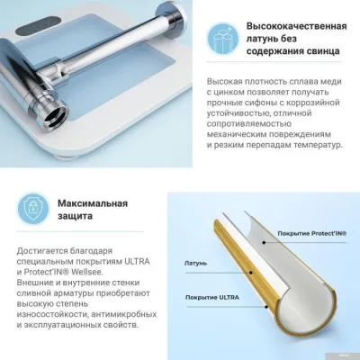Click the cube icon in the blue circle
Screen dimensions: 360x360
pyautogui.click(x=219, y=37)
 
